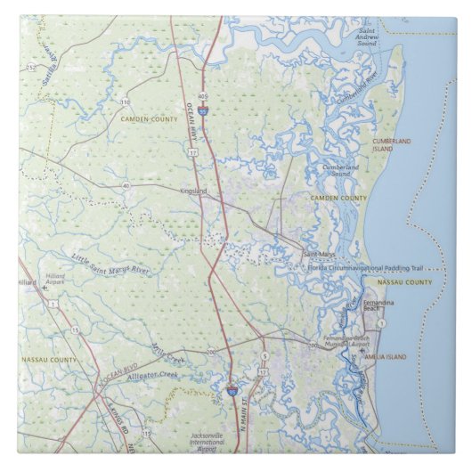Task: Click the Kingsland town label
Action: click(192, 191)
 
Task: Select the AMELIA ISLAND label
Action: click(385, 356)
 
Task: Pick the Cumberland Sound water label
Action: click(340, 169)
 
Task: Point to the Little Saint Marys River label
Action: click(111, 264)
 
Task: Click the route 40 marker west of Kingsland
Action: click(126, 185)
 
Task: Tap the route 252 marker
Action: click(29, 67)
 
